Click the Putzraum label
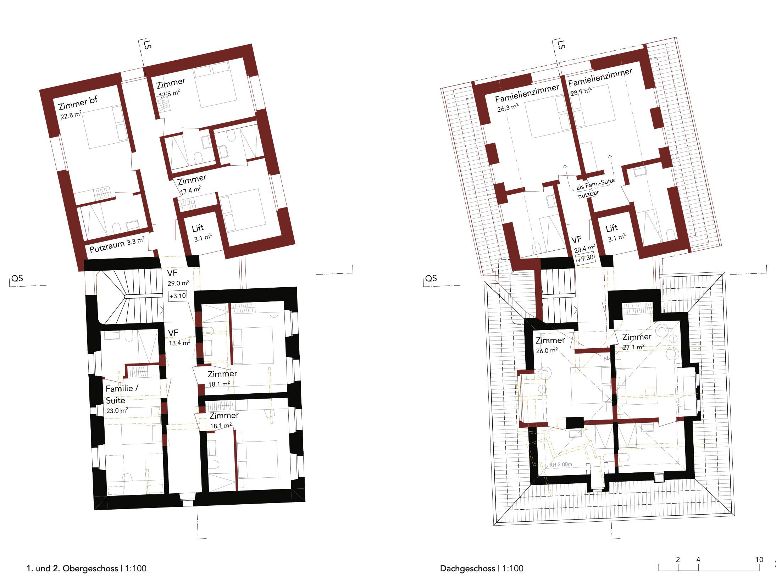(107, 246)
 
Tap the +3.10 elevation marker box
(178, 296)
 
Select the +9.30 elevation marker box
(585, 258)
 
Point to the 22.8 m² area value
(71, 115)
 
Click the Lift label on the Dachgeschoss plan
(611, 228)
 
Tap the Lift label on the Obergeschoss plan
(198, 228)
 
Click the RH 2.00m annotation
(561, 464)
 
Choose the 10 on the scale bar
(759, 560)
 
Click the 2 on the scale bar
(678, 560)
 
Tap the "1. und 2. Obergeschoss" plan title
(72, 568)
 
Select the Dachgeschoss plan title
(467, 568)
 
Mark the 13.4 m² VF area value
(179, 343)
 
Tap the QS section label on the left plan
(17, 278)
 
